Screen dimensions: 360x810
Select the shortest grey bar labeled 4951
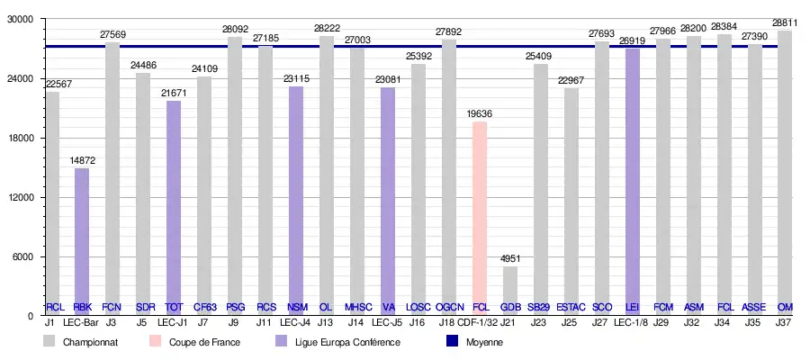point(510,283)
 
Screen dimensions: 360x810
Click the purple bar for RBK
point(82,234)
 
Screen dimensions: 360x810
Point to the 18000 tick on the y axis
point(21,138)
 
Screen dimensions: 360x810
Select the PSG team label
point(235,307)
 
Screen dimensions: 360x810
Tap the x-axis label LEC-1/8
point(632,321)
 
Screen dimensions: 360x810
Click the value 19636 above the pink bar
point(480,113)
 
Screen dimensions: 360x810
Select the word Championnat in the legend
point(86,342)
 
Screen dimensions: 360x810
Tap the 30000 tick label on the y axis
point(21,19)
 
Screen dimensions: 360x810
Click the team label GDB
point(510,307)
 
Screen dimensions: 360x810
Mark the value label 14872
point(82,160)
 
